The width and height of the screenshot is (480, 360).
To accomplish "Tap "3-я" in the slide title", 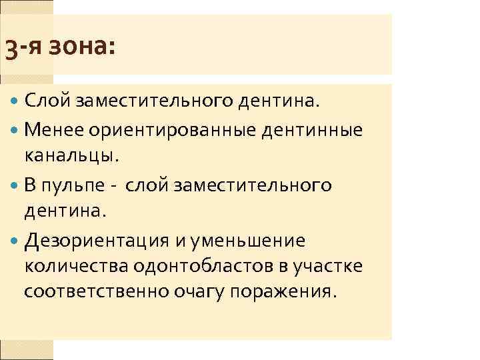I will pyautogui.click(x=25, y=47).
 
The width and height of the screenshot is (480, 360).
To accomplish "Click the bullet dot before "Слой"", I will pyautogui.click(x=15, y=102).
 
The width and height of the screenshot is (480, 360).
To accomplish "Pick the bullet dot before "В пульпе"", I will pyautogui.click(x=15, y=185).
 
